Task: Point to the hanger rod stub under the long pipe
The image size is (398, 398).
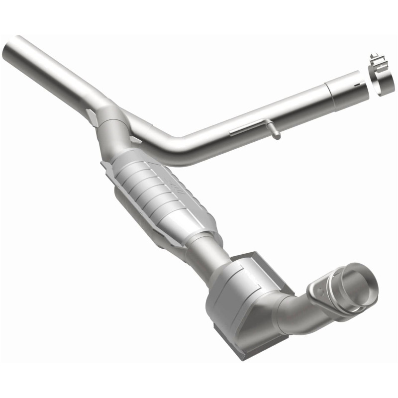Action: tap(275, 132)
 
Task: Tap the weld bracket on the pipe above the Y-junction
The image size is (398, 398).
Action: tap(92, 116)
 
